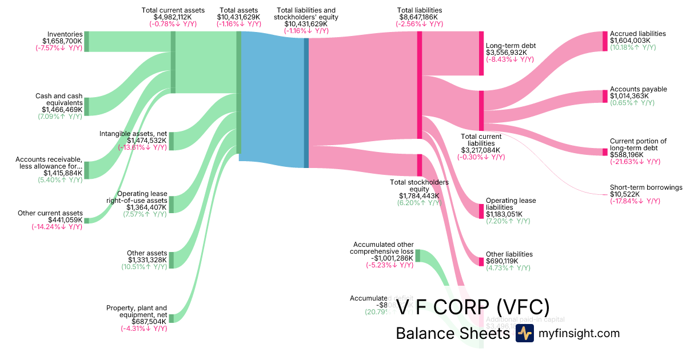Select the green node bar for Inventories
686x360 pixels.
[87, 42]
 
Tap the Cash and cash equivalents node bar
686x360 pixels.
[87, 106]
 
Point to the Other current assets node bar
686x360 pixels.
[87, 220]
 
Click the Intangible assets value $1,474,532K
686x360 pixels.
[147, 141]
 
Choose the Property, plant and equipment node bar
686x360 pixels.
[171, 318]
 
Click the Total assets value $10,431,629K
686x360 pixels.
[238, 17]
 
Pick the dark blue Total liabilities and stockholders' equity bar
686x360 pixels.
[306, 102]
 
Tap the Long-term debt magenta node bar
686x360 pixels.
[481, 54]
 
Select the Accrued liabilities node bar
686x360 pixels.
[605, 41]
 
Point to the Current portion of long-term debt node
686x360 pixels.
[605, 151]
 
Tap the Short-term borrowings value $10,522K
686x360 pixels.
[625, 194]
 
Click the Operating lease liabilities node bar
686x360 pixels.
[481, 210]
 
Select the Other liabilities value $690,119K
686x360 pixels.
[502, 261]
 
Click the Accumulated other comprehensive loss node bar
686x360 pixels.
[417, 255]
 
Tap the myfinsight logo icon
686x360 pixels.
[524, 334]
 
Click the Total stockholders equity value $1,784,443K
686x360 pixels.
[419, 196]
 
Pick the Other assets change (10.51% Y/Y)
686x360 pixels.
[143, 267]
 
